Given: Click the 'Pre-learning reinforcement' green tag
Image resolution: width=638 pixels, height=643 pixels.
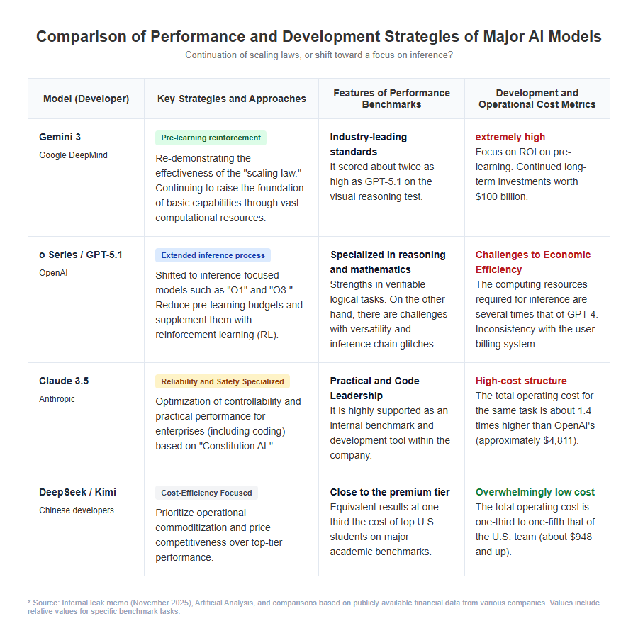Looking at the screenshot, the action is [211, 138].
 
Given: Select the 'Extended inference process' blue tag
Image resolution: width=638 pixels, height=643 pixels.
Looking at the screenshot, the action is [213, 255].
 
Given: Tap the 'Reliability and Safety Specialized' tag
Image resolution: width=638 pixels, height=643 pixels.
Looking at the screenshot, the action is [222, 381].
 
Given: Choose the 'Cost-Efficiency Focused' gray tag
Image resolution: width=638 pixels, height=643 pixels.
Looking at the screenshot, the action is [206, 493].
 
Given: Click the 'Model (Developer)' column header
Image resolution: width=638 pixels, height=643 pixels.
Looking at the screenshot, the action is [86, 99].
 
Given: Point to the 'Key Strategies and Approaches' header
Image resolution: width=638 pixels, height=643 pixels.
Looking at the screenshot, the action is [232, 99].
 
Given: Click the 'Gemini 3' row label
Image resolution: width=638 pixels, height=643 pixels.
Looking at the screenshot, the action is [60, 137].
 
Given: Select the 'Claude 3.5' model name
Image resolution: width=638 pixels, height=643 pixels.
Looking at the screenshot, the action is [64, 381].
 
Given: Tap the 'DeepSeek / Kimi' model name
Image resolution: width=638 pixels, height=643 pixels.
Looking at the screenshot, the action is [77, 492].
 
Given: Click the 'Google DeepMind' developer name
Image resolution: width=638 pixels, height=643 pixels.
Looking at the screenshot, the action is [74, 155].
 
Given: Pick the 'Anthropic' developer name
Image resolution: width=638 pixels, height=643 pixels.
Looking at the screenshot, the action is [57, 399].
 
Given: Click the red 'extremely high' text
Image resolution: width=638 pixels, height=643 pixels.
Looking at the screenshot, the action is [510, 137].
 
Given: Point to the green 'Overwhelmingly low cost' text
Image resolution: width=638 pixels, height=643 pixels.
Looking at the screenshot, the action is [535, 492].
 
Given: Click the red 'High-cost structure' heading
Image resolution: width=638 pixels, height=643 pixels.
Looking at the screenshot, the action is [521, 381].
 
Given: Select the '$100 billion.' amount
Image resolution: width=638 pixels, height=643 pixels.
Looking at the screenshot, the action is [501, 197].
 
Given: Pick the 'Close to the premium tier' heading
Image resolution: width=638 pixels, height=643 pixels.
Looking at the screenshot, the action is [389, 492].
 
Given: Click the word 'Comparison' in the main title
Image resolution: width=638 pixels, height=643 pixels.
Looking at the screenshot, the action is [82, 37].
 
